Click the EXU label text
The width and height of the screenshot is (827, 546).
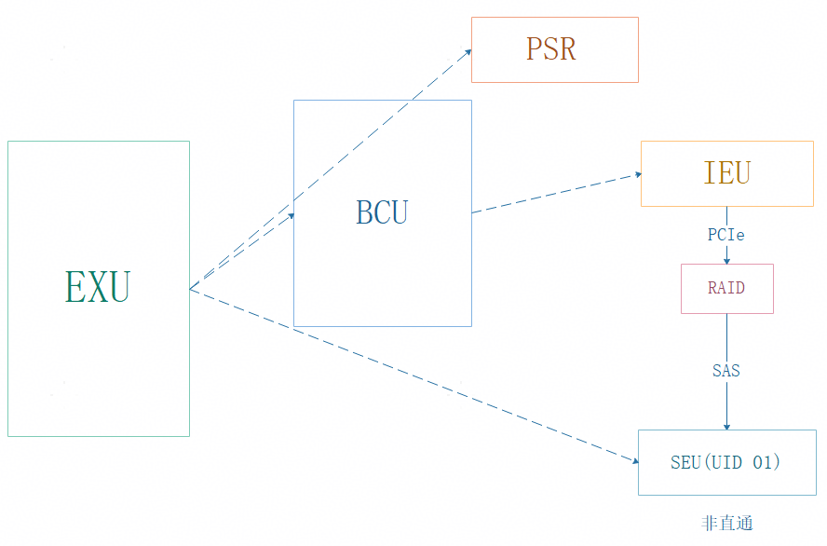(x=98, y=287)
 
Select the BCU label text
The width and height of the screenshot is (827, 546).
(x=382, y=213)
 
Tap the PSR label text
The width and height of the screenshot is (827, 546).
(x=551, y=49)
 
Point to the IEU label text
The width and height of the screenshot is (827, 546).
(x=726, y=173)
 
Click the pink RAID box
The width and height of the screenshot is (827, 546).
(x=726, y=288)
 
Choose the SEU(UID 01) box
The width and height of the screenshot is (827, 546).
(x=726, y=462)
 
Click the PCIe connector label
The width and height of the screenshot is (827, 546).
(x=726, y=235)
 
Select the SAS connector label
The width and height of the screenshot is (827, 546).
(x=726, y=371)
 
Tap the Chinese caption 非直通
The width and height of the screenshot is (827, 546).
(x=726, y=524)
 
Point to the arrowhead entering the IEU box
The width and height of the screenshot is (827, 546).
(x=637, y=174)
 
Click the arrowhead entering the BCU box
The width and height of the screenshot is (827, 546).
(x=290, y=216)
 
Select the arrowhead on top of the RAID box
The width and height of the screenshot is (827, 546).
(x=726, y=261)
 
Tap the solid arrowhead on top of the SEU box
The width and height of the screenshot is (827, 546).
(x=726, y=426)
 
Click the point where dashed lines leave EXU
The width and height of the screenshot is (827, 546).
(x=191, y=288)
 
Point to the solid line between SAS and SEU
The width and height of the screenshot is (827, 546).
(x=726, y=401)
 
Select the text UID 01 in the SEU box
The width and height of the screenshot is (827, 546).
(x=745, y=462)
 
